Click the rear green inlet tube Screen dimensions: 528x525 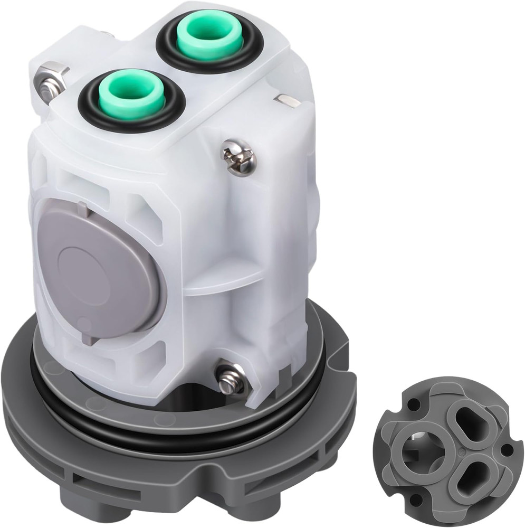(x=209, y=36)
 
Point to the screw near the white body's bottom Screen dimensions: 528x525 (x=231, y=376)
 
